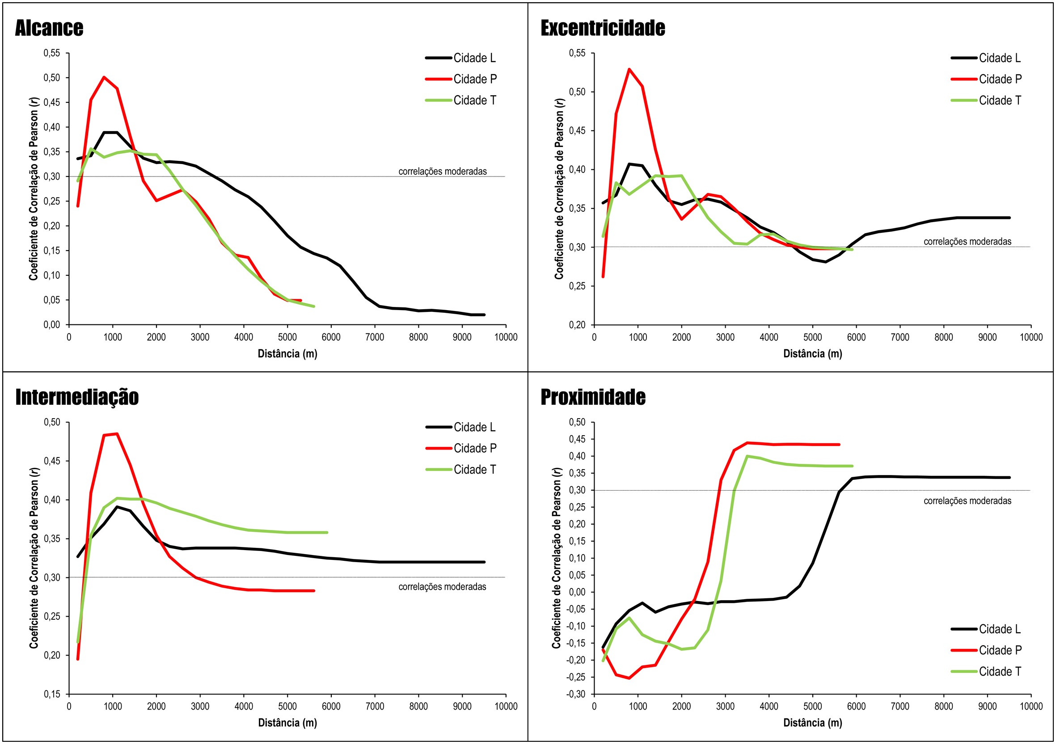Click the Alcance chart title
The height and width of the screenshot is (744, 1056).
(49, 28)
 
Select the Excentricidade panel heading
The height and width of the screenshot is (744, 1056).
(603, 28)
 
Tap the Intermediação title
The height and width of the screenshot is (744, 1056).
(77, 397)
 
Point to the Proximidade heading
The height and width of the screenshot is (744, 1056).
(593, 397)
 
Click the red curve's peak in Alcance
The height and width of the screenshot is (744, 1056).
(104, 77)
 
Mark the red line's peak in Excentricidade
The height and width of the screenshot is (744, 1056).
(629, 69)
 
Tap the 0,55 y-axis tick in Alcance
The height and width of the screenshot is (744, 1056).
(52, 53)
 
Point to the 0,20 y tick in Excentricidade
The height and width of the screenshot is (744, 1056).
(577, 325)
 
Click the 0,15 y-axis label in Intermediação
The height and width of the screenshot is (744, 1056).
(52, 694)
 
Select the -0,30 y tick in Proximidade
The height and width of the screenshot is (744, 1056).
(576, 694)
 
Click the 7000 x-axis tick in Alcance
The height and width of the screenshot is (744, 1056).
(374, 337)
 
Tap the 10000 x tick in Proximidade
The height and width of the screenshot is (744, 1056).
(1031, 706)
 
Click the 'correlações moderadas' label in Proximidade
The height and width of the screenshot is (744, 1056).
(967, 501)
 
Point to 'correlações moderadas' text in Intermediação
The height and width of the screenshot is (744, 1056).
(442, 587)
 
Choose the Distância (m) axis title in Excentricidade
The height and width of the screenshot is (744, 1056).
(813, 353)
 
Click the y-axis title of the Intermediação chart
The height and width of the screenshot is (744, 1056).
(34, 558)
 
